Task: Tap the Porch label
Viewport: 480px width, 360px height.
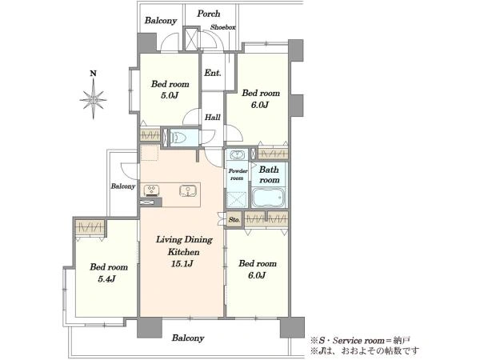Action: tap(209, 14)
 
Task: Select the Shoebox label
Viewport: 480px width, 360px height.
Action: tap(223, 27)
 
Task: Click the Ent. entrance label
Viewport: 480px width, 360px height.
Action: tap(213, 73)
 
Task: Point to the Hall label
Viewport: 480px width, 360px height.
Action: tap(213, 117)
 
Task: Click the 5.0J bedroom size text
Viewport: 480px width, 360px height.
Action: tap(170, 95)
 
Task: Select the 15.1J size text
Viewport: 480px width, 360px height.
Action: tap(182, 263)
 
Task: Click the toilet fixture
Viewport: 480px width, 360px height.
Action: tap(179, 138)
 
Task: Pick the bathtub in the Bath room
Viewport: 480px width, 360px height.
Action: tap(269, 197)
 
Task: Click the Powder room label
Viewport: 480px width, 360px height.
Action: tap(238, 174)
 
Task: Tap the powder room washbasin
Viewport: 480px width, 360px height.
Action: tap(237, 155)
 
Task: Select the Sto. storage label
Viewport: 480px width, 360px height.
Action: tap(234, 220)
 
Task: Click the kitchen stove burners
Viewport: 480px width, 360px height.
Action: tap(150, 190)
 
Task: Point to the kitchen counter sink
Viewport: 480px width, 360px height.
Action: tap(187, 191)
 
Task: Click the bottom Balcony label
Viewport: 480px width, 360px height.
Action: tap(188, 338)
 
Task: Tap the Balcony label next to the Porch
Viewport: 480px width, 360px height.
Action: tap(161, 21)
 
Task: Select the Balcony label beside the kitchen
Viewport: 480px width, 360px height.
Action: tap(122, 186)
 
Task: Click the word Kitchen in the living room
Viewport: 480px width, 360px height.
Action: tap(184, 252)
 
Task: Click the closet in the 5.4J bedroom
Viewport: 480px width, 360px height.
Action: tap(90, 227)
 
